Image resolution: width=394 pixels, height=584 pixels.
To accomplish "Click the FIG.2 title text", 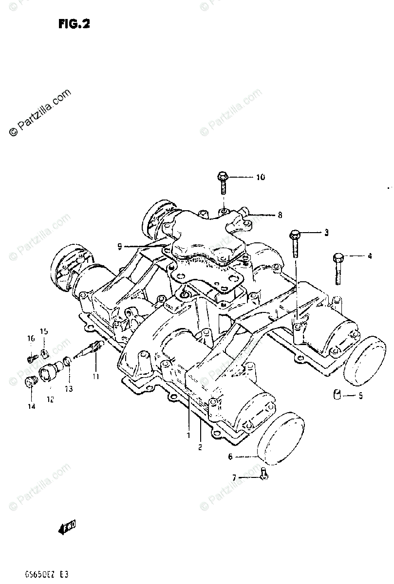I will (x=74, y=24).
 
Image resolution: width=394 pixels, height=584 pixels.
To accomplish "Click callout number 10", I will (x=260, y=177).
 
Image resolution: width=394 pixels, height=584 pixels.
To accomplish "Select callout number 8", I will (x=280, y=214).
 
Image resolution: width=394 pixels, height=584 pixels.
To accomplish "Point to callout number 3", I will (x=326, y=233).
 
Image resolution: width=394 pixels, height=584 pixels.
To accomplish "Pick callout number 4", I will (x=370, y=255).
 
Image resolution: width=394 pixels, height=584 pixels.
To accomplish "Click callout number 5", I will (x=360, y=396).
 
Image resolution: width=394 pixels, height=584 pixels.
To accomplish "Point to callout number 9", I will (x=119, y=247).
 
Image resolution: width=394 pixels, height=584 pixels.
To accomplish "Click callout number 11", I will (x=96, y=376).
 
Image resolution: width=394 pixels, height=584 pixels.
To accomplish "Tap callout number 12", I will (x=51, y=400).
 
